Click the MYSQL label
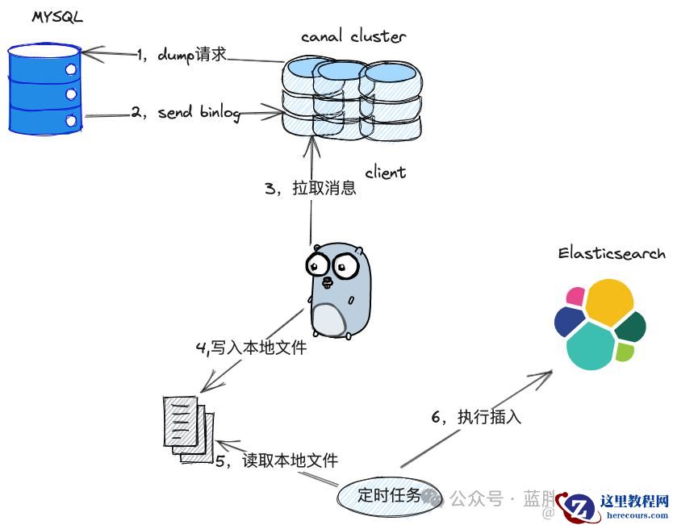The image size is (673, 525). tap(56, 17)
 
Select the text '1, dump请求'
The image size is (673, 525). tap(181, 54)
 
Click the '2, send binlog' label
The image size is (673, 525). tap(186, 113)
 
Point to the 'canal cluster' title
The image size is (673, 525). tap(353, 35)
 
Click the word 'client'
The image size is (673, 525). tap(385, 172)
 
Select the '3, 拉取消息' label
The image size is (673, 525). tap(310, 189)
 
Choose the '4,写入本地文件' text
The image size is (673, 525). tap(251, 348)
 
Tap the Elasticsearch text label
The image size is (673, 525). tap(612, 253)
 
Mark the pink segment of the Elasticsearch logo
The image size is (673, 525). tap(575, 295)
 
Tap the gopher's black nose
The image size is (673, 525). tap(327, 282)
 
